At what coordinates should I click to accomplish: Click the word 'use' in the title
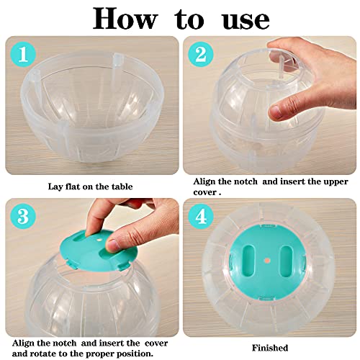(x=238, y=19)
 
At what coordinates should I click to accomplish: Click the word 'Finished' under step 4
(x=270, y=347)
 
